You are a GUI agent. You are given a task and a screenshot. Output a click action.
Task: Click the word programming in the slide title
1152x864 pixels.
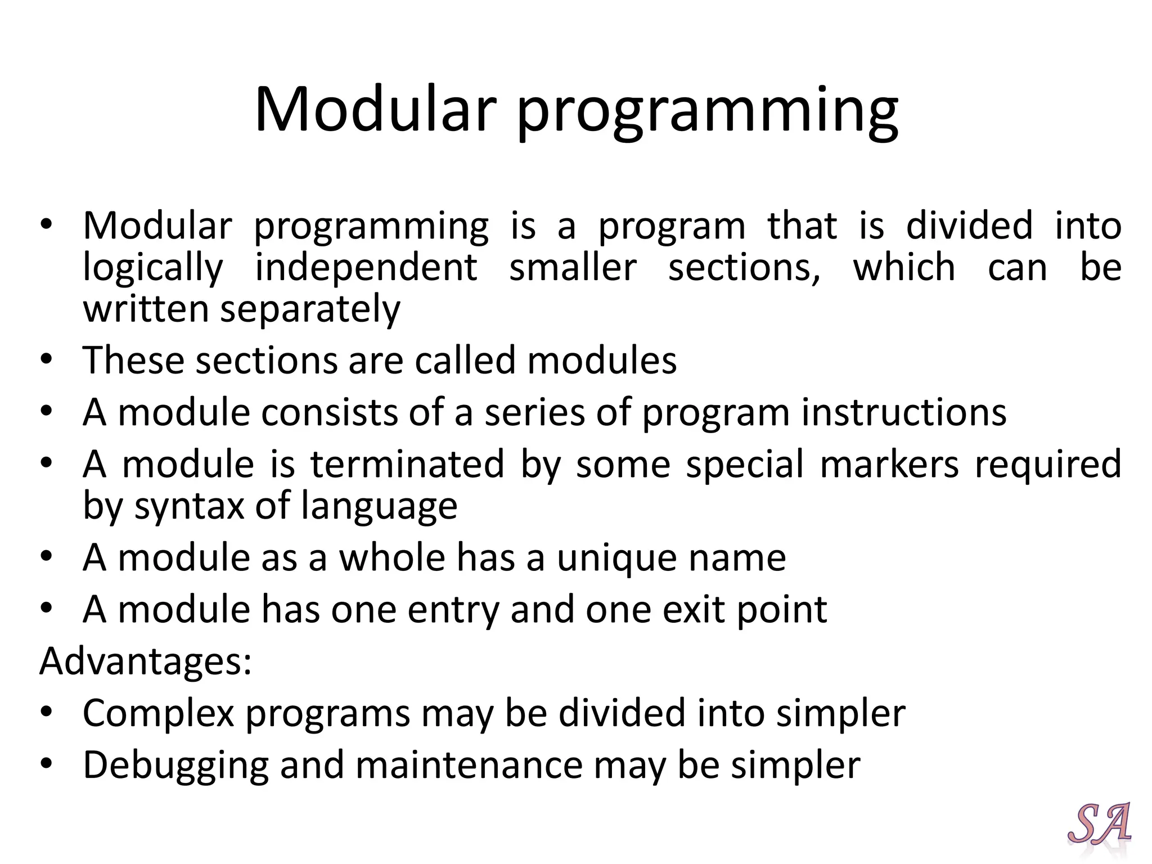(x=707, y=112)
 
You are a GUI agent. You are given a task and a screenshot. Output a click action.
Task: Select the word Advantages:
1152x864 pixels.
(x=146, y=661)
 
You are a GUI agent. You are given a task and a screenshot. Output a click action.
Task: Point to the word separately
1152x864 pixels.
(x=310, y=310)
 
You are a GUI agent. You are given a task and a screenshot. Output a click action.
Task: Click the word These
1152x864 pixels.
(x=133, y=360)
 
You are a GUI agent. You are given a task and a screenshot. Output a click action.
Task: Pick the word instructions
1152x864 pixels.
(x=904, y=412)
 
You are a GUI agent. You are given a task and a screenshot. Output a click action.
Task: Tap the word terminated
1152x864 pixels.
(x=407, y=465)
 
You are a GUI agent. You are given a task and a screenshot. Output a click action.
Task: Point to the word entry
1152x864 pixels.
(x=453, y=610)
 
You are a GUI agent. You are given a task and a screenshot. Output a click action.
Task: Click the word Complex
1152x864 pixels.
(x=158, y=713)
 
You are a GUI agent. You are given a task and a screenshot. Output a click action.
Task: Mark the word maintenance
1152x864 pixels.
(x=469, y=765)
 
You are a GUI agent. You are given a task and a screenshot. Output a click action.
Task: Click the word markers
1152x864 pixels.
(x=889, y=465)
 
